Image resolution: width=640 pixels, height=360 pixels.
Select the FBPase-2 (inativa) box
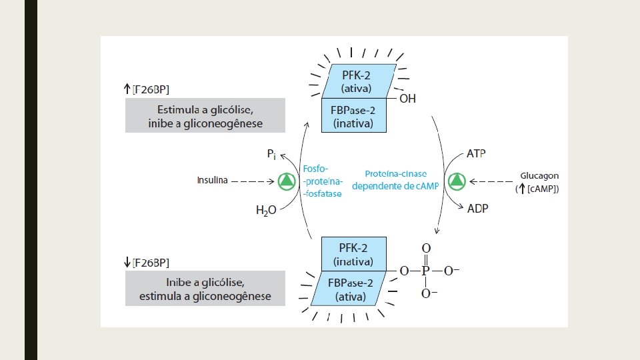[x=353, y=116]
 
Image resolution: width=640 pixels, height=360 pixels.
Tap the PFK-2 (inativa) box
[x=353, y=253]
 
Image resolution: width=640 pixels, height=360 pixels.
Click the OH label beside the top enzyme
[x=407, y=99]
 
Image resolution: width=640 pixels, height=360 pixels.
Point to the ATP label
[x=476, y=153]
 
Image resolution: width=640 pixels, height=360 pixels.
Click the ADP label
[x=477, y=208]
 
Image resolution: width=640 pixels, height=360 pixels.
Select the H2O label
[x=266, y=211]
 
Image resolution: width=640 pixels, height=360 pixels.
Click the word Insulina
[x=212, y=180]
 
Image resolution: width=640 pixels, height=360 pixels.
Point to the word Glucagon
[x=539, y=176]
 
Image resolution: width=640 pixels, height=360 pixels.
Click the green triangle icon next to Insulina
[x=287, y=181]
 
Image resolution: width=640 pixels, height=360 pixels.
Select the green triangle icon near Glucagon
[x=457, y=181]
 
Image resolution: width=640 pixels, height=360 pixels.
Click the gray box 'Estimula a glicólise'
[x=205, y=115]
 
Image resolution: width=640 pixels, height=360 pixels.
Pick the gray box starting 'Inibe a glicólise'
[x=205, y=288]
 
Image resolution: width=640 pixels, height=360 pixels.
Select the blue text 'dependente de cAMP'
[x=395, y=186]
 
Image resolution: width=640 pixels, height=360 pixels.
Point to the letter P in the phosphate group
[x=425, y=271]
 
